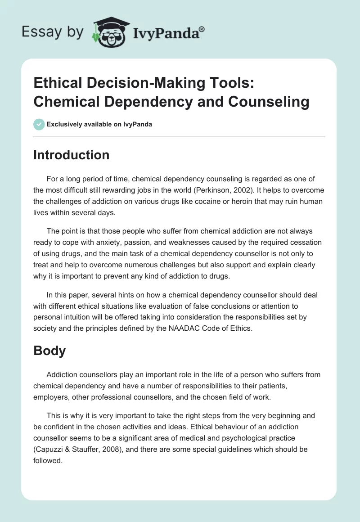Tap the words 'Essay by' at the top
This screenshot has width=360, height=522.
pyautogui.click(x=53, y=31)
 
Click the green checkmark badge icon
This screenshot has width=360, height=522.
pyautogui.click(x=39, y=124)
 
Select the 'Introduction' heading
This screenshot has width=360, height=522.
pyautogui.click(x=72, y=155)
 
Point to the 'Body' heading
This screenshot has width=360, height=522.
pyautogui.click(x=49, y=351)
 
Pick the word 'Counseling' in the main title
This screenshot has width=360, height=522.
pyautogui.click(x=269, y=102)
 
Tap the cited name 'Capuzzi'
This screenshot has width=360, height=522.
pyautogui.click(x=51, y=438)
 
